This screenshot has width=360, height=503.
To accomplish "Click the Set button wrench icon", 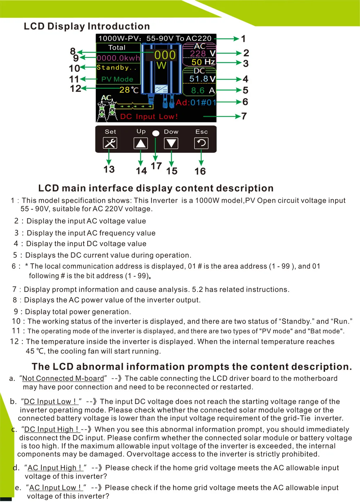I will [110, 143].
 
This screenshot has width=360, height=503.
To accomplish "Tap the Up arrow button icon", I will [140, 143].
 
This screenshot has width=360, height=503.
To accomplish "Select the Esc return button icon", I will [201, 143].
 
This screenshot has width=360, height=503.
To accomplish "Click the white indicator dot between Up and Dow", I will [156, 133].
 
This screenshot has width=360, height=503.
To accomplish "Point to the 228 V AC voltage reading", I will [202, 54].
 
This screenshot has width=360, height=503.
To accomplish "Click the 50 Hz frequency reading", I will [203, 62].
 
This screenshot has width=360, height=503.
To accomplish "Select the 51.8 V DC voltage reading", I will [202, 79].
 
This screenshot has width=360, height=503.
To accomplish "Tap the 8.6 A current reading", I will [202, 90].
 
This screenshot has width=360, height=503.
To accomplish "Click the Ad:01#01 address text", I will [196, 103].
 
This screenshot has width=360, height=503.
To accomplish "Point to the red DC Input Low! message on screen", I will [149, 116].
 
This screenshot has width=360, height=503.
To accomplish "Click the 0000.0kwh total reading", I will [118, 58].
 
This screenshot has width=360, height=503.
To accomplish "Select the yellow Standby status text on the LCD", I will [116, 67].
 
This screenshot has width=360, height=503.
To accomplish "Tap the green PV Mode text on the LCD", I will [117, 79].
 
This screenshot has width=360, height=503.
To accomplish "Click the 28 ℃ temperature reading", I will [129, 90].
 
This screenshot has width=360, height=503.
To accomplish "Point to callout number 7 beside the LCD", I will [244, 116].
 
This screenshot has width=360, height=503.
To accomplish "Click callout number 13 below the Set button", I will [109, 169].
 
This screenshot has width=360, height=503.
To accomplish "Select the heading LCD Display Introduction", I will [87, 26].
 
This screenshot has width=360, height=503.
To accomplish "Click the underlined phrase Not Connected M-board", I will [63, 378].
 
